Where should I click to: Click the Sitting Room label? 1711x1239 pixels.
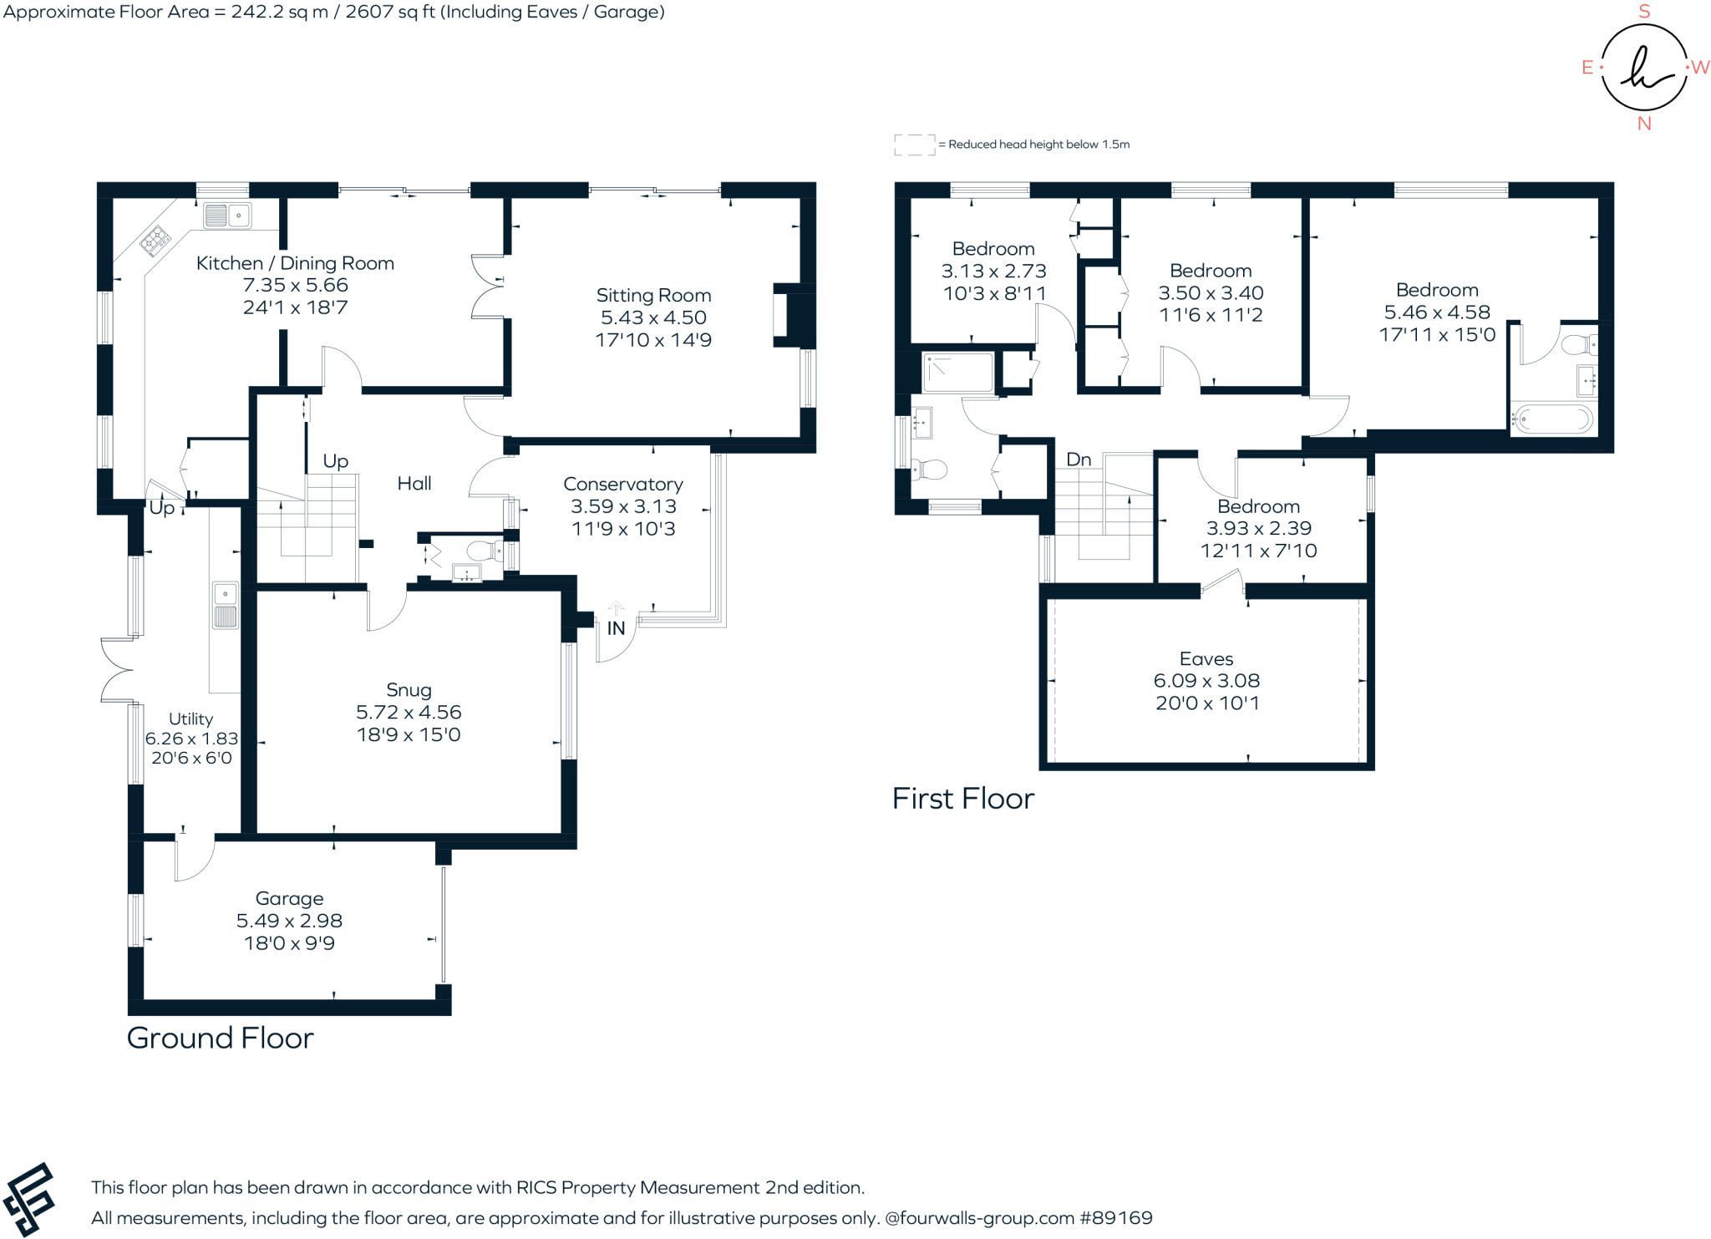[653, 295]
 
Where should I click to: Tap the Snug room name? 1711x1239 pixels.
[409, 690]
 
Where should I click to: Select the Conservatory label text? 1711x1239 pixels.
[623, 484]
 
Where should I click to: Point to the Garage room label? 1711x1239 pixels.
[289, 898]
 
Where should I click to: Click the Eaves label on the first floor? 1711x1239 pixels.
[1206, 658]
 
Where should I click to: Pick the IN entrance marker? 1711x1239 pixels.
[616, 628]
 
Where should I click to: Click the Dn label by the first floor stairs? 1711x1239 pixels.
[1079, 460]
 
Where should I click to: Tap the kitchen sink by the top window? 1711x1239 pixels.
[227, 216]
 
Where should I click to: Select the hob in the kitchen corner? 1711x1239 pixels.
[155, 241]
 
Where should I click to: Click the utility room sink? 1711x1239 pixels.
[226, 606]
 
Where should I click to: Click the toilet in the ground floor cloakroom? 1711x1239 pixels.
[482, 551]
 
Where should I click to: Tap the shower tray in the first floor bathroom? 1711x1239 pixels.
[957, 373]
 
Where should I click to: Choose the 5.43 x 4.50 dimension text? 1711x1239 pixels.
[653, 317]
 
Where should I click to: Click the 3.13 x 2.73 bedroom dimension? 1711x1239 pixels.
[993, 271]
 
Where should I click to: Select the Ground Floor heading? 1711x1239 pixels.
[221, 1038]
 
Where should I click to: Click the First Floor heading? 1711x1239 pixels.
[963, 799]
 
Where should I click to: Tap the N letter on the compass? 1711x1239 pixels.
[1644, 124]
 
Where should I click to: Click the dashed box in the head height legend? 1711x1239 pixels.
[915, 145]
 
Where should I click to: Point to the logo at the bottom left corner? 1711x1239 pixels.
[28, 1200]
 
